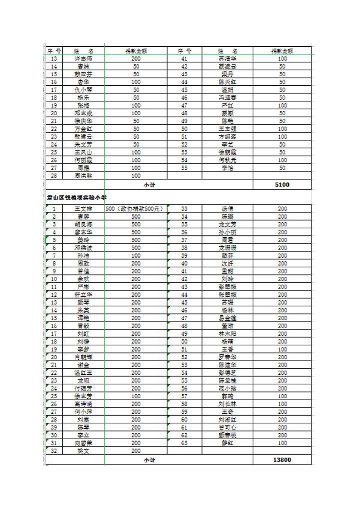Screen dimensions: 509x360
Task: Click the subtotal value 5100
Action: click(x=282, y=185)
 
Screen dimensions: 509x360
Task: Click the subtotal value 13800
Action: click(x=282, y=460)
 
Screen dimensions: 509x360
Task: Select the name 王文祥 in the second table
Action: click(x=83, y=209)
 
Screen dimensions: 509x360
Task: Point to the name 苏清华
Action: click(x=227, y=59)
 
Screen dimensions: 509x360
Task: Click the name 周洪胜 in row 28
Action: click(x=83, y=176)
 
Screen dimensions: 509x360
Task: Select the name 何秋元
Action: click(x=227, y=160)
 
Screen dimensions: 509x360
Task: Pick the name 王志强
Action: click(x=227, y=129)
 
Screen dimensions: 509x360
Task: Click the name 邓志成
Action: click(x=83, y=113)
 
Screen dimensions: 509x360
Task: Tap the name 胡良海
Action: click(x=83, y=224)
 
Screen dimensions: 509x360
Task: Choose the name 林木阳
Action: click(x=227, y=333)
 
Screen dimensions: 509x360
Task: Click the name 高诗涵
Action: click(x=83, y=404)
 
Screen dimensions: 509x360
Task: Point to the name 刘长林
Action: click(x=227, y=404)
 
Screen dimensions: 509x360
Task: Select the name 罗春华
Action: click(x=227, y=357)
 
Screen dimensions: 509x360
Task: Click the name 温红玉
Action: click(x=83, y=372)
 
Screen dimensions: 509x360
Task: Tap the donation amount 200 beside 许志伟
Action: click(x=136, y=59)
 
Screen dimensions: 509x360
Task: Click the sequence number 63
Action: click(x=184, y=443)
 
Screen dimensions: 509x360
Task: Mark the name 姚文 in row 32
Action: click(x=83, y=450)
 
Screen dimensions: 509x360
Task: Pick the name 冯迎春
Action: click(x=227, y=98)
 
